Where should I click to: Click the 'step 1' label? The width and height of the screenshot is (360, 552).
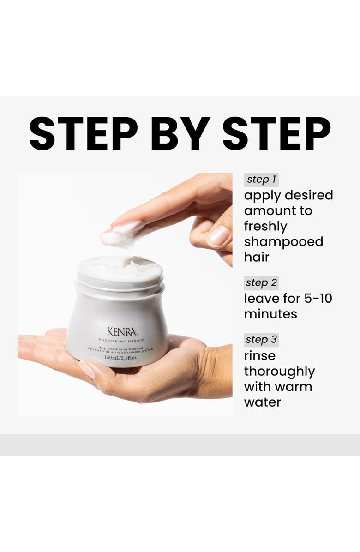261,180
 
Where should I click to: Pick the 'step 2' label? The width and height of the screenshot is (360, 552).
261,282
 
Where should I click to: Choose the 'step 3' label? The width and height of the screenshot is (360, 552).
261,340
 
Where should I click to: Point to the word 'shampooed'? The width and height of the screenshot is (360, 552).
283,242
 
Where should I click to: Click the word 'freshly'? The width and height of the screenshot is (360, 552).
265,226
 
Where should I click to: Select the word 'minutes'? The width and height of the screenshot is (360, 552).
270,314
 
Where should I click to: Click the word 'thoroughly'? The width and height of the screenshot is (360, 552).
279,372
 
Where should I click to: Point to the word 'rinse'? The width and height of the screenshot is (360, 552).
259,356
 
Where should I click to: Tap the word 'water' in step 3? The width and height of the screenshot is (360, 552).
262,402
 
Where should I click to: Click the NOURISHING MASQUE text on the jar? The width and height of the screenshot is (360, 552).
121,340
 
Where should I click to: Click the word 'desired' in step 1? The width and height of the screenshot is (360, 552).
309,195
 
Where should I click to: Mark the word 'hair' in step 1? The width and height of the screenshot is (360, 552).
256,257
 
